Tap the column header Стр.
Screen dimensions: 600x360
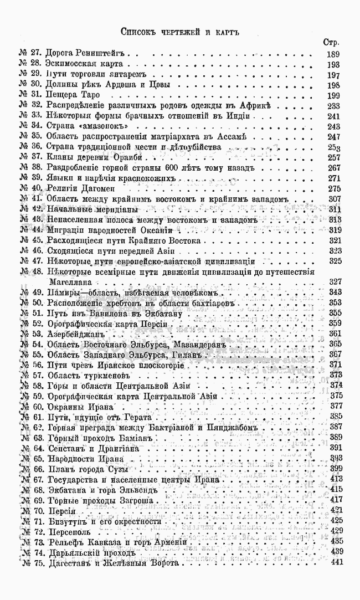[331, 42]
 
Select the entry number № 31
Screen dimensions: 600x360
[30, 95]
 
